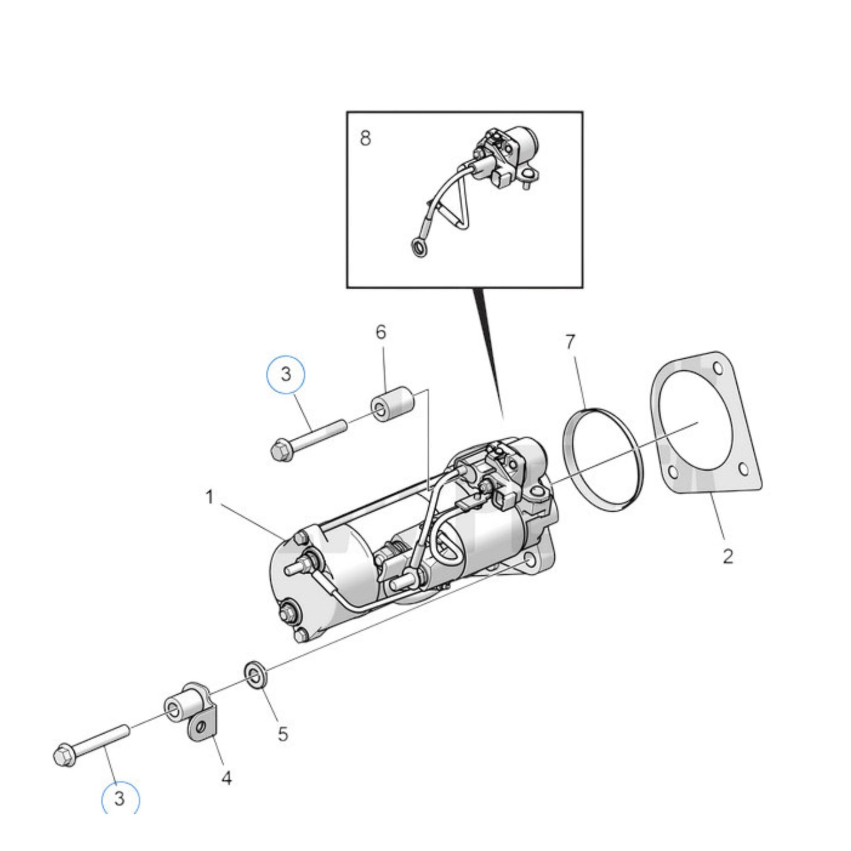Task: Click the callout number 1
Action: (x=210, y=498)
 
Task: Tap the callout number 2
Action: (x=728, y=556)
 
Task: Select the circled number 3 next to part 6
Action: (x=286, y=374)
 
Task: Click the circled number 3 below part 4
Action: (x=120, y=799)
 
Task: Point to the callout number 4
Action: (x=227, y=778)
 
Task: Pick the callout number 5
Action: (x=283, y=734)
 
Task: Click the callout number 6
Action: (x=381, y=333)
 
